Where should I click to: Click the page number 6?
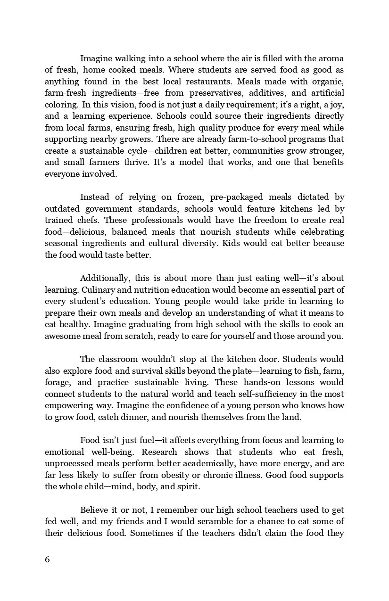(47, 560)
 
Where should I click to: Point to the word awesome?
(62, 336)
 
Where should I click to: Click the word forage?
(58, 382)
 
